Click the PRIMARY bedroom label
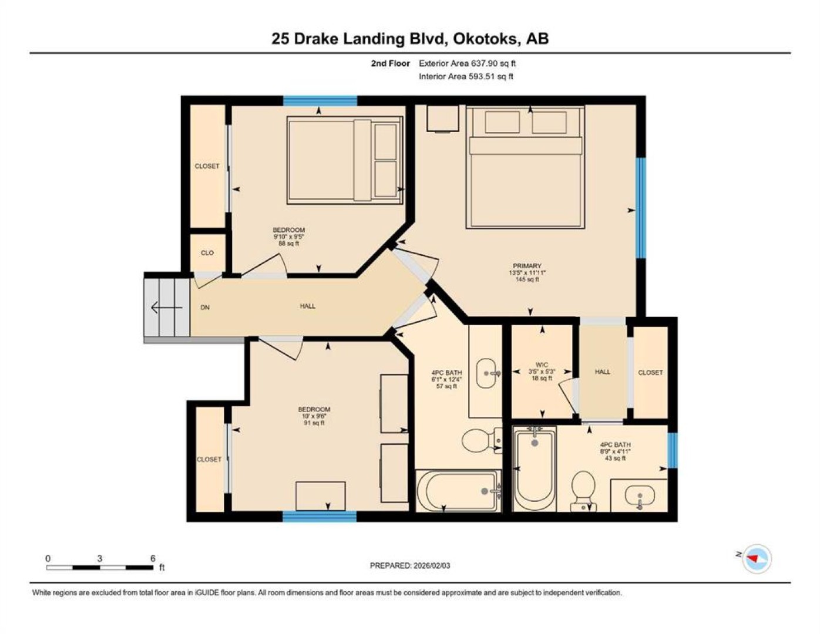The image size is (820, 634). click(527, 265)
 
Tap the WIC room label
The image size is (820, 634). click(542, 365)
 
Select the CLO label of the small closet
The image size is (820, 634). click(207, 252)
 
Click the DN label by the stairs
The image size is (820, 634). click(205, 308)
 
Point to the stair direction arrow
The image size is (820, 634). click(166, 308)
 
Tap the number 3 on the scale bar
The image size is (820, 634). click(100, 559)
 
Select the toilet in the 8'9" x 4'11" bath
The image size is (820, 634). click(583, 491)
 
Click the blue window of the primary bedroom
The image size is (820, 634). click(641, 208)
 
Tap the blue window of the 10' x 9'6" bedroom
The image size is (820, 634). click(320, 516)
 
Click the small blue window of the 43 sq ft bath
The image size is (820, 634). click(673, 450)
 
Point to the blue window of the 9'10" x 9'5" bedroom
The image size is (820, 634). click(320, 101)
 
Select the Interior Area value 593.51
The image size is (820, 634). click(482, 76)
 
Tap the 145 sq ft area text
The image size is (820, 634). click(527, 279)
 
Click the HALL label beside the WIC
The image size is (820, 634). click(602, 372)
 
